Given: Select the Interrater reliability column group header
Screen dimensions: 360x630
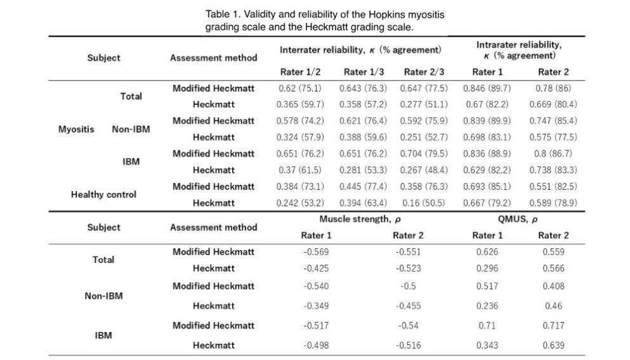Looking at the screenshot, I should (x=360, y=50).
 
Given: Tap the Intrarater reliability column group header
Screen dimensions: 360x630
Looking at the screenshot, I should (x=518, y=50).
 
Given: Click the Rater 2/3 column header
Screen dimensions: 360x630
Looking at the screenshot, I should (x=424, y=72).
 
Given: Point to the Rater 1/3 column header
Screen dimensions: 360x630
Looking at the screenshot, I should (x=364, y=72).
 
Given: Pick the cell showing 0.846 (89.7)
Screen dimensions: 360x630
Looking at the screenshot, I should (x=487, y=88).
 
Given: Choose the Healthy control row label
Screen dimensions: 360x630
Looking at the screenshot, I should (x=103, y=195).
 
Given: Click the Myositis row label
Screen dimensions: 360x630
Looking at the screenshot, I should (x=76, y=129).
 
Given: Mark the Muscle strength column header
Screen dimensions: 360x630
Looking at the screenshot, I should (x=360, y=219).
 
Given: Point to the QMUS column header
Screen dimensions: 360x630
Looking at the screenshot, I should (x=518, y=219).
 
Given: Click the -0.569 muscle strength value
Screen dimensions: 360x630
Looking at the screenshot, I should (x=315, y=251).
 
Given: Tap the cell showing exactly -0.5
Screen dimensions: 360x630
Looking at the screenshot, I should (x=408, y=286).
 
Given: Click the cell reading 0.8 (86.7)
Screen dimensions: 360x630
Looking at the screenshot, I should (x=553, y=154).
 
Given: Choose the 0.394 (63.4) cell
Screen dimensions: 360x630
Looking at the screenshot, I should (x=364, y=203).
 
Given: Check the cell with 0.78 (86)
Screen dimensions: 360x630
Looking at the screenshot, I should (x=553, y=88).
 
